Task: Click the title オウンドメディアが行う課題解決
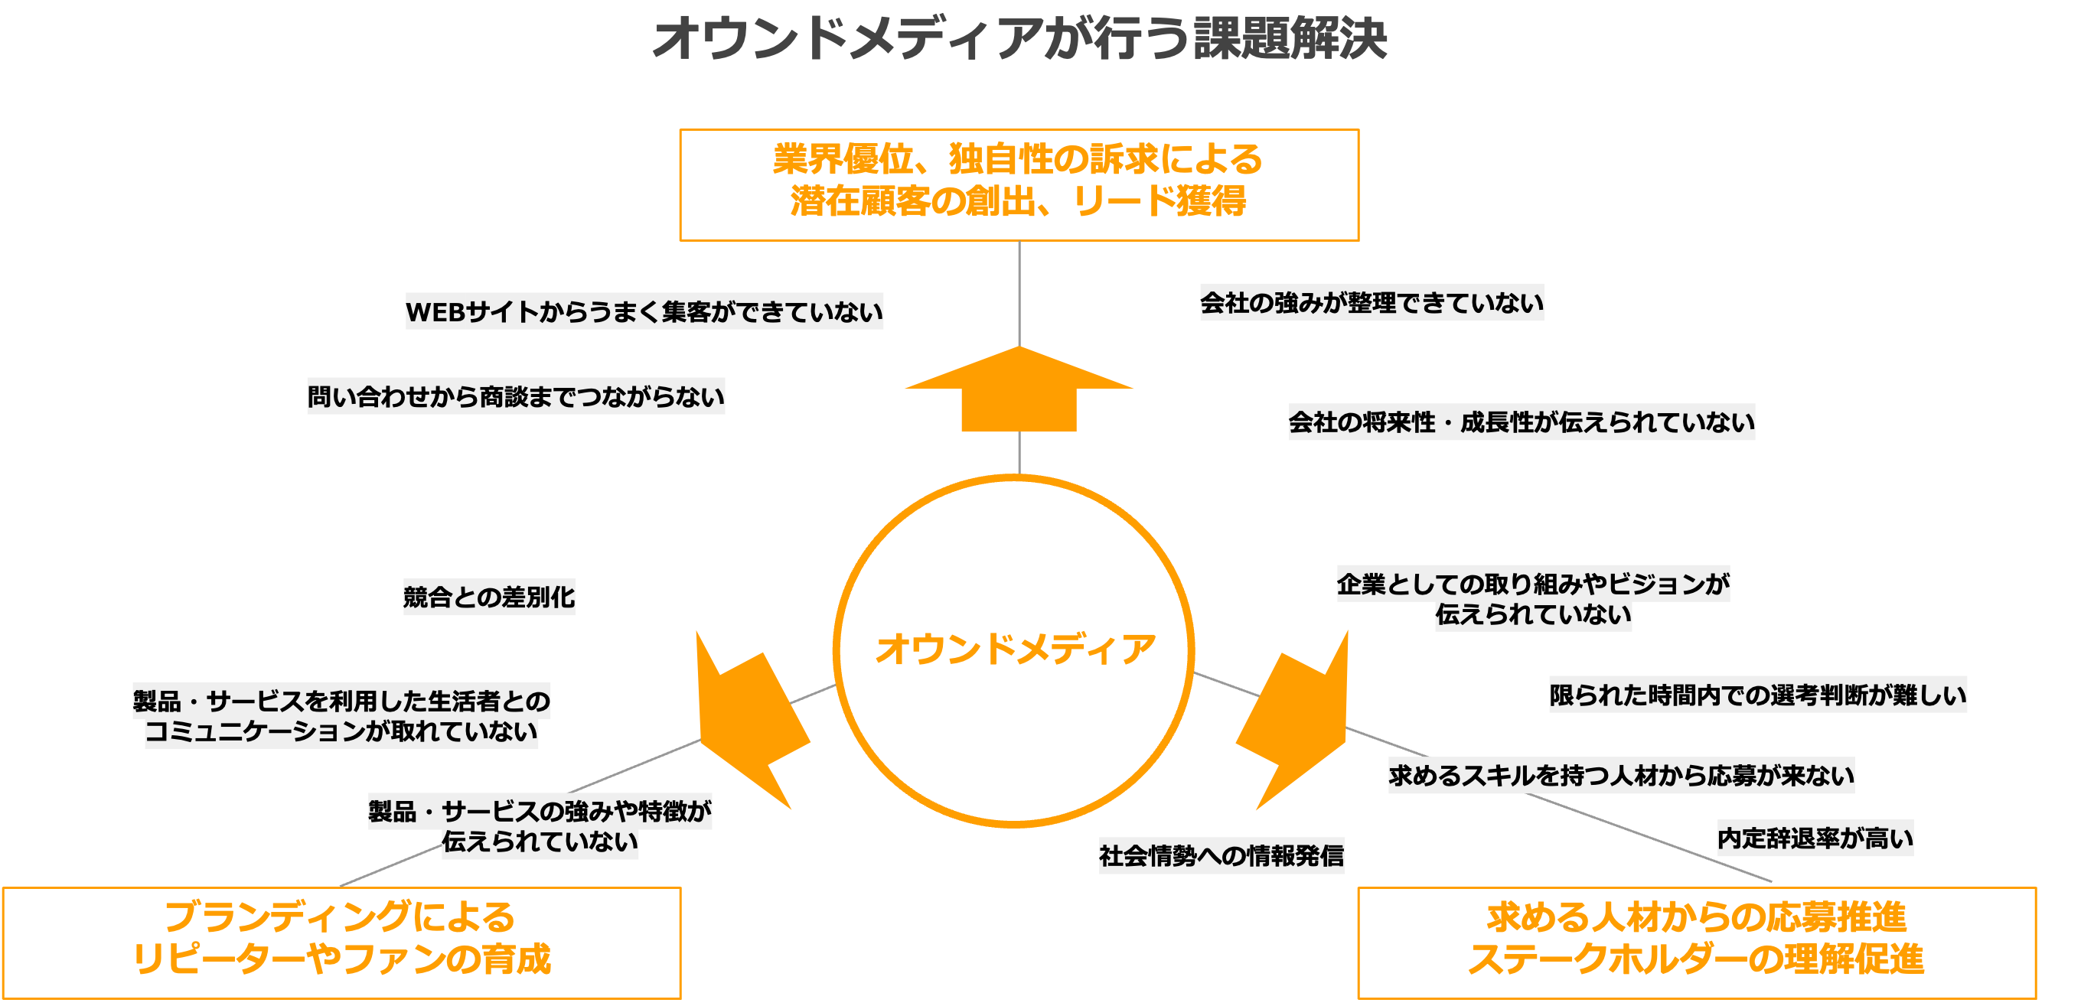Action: click(x=1019, y=38)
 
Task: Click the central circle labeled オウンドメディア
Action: click(x=1013, y=650)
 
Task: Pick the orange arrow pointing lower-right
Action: click(x=1297, y=723)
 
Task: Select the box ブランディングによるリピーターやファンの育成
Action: click(x=341, y=942)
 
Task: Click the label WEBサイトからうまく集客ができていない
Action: click(x=644, y=311)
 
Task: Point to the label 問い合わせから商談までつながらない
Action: click(x=515, y=396)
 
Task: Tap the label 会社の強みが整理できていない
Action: click(x=1372, y=302)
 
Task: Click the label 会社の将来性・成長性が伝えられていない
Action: click(x=1521, y=422)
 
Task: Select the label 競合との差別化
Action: click(x=488, y=597)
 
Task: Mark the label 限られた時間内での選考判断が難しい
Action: click(x=1757, y=694)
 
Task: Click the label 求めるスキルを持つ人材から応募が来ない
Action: click(x=1621, y=774)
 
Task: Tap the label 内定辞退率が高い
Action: click(x=1815, y=837)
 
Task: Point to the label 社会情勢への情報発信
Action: click(x=1221, y=855)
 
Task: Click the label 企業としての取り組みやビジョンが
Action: click(x=1532, y=584)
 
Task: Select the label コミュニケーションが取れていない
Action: click(x=341, y=731)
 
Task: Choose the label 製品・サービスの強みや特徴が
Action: click(x=540, y=811)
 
